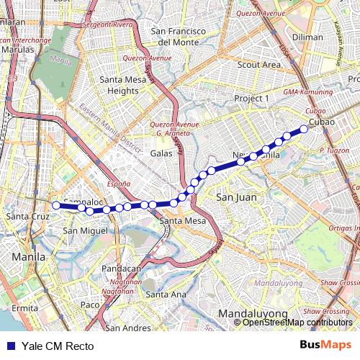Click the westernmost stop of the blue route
[x=56, y=205]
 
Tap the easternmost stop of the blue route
[x=304, y=129]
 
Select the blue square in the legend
[x=11, y=346]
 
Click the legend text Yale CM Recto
[x=58, y=346]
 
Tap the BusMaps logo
[x=325, y=346]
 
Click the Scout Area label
[x=260, y=65]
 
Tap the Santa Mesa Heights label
[x=119, y=85]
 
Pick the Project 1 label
[x=251, y=98]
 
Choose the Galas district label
[x=161, y=153]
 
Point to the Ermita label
[x=24, y=307]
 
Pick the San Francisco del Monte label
[x=179, y=37]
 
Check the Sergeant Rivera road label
[x=109, y=24]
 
